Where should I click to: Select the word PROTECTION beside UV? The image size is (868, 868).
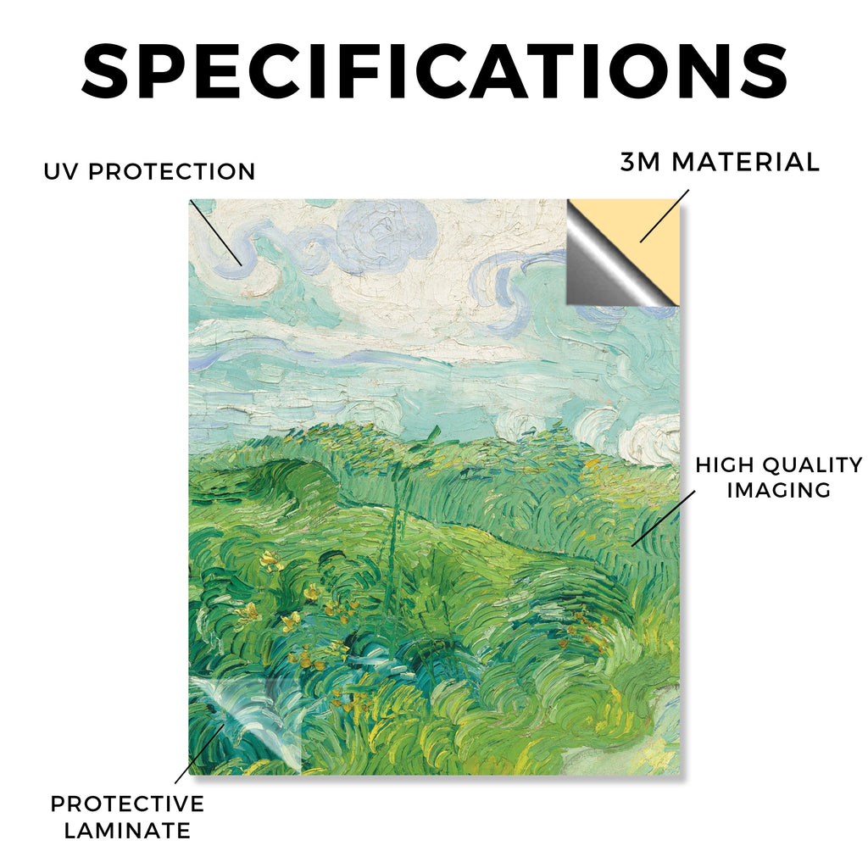(171, 171)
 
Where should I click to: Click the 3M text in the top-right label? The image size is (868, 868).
(641, 162)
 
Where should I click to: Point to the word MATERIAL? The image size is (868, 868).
(745, 162)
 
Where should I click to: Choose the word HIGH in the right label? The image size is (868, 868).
(724, 465)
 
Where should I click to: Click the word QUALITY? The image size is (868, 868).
(811, 465)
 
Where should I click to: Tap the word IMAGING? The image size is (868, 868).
(779, 490)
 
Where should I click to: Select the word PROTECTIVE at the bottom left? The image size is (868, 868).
(127, 804)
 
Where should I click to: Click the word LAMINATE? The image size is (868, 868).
(127, 831)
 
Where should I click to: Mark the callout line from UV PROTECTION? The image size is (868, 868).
(215, 232)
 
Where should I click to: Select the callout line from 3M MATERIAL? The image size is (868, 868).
(665, 216)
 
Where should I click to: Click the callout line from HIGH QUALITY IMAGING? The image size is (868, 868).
(663, 519)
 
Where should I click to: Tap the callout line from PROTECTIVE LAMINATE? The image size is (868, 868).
(200, 754)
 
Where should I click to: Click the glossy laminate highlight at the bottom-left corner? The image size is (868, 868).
(243, 720)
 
